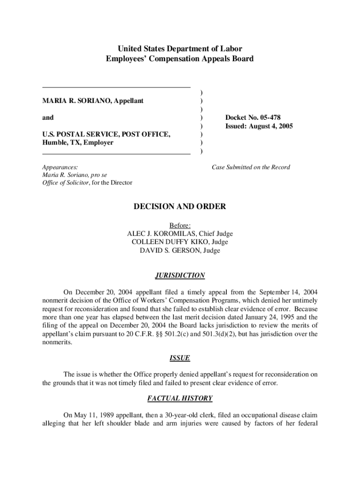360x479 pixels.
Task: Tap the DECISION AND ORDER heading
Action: (x=180, y=206)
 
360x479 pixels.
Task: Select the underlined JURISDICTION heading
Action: (x=180, y=276)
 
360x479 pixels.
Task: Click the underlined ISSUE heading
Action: (x=180, y=358)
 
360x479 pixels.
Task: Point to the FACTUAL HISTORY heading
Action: (x=180, y=399)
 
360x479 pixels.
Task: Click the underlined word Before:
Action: (x=180, y=225)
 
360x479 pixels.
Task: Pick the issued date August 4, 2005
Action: (x=269, y=126)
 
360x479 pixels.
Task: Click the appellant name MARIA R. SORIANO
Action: (x=76, y=101)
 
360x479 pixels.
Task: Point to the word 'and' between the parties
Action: (x=48, y=117)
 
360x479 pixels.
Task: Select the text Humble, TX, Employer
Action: (x=78, y=143)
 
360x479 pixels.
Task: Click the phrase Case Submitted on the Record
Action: (x=251, y=167)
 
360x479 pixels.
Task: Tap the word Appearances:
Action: (x=60, y=167)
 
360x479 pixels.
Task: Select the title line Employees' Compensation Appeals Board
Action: (x=180, y=59)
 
